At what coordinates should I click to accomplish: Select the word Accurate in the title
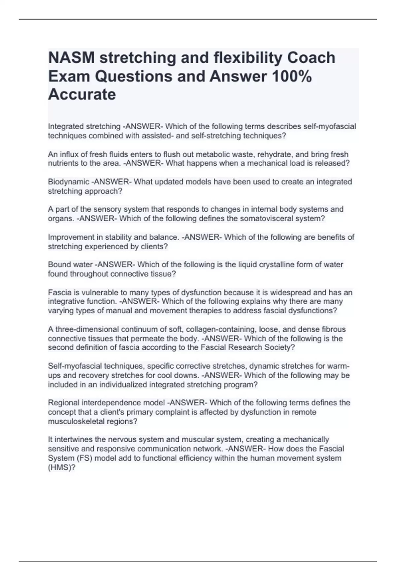pyautogui.click(x=82, y=95)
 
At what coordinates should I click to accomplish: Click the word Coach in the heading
pyautogui.click(x=311, y=58)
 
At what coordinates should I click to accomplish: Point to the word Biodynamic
pyautogui.click(x=69, y=182)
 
